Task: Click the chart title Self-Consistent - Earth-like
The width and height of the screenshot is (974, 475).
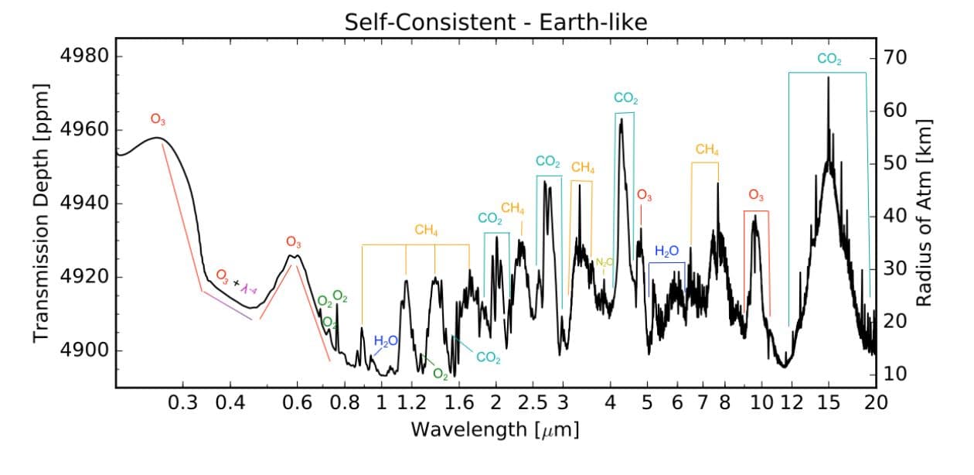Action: [x=496, y=22]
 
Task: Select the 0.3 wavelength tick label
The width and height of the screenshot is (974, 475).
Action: [x=182, y=402]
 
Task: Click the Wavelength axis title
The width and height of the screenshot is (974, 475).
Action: [x=495, y=429]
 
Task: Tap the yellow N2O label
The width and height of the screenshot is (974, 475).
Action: [x=604, y=262]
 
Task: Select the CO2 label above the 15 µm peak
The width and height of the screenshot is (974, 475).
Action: [x=829, y=60]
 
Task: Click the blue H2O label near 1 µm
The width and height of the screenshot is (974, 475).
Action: [x=386, y=340]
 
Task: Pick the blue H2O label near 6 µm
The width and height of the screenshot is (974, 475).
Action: [x=666, y=251]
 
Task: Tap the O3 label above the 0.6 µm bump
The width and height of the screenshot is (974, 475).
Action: [x=293, y=242]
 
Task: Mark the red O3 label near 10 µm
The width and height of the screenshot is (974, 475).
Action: [x=756, y=195]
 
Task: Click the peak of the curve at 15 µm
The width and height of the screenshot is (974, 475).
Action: [x=828, y=78]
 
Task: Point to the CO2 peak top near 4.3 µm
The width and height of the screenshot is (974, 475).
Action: [x=622, y=119]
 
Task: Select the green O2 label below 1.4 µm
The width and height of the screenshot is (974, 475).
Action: [x=441, y=374]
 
